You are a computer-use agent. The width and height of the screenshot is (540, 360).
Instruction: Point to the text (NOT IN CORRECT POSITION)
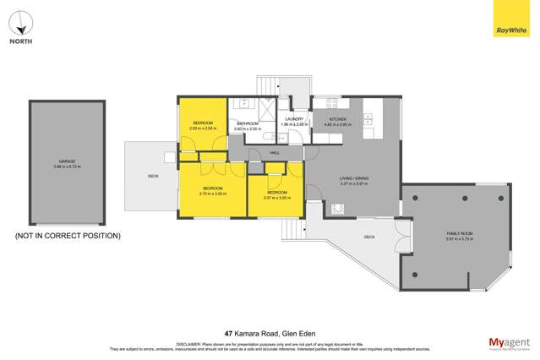click(68, 236)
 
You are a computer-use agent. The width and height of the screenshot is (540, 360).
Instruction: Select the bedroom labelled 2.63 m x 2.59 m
click(203, 125)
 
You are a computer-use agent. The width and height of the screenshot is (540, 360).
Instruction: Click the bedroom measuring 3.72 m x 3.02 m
click(211, 190)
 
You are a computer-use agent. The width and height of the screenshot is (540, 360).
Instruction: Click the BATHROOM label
click(247, 126)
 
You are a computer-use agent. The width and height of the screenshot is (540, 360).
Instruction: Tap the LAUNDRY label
click(294, 121)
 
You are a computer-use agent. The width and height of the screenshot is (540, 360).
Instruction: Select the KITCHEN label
click(338, 121)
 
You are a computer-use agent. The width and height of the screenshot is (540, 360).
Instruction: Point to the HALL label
click(275, 152)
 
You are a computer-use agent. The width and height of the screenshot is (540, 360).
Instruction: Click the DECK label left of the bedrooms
click(153, 176)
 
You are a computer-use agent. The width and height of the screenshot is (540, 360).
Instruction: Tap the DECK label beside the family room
click(369, 237)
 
